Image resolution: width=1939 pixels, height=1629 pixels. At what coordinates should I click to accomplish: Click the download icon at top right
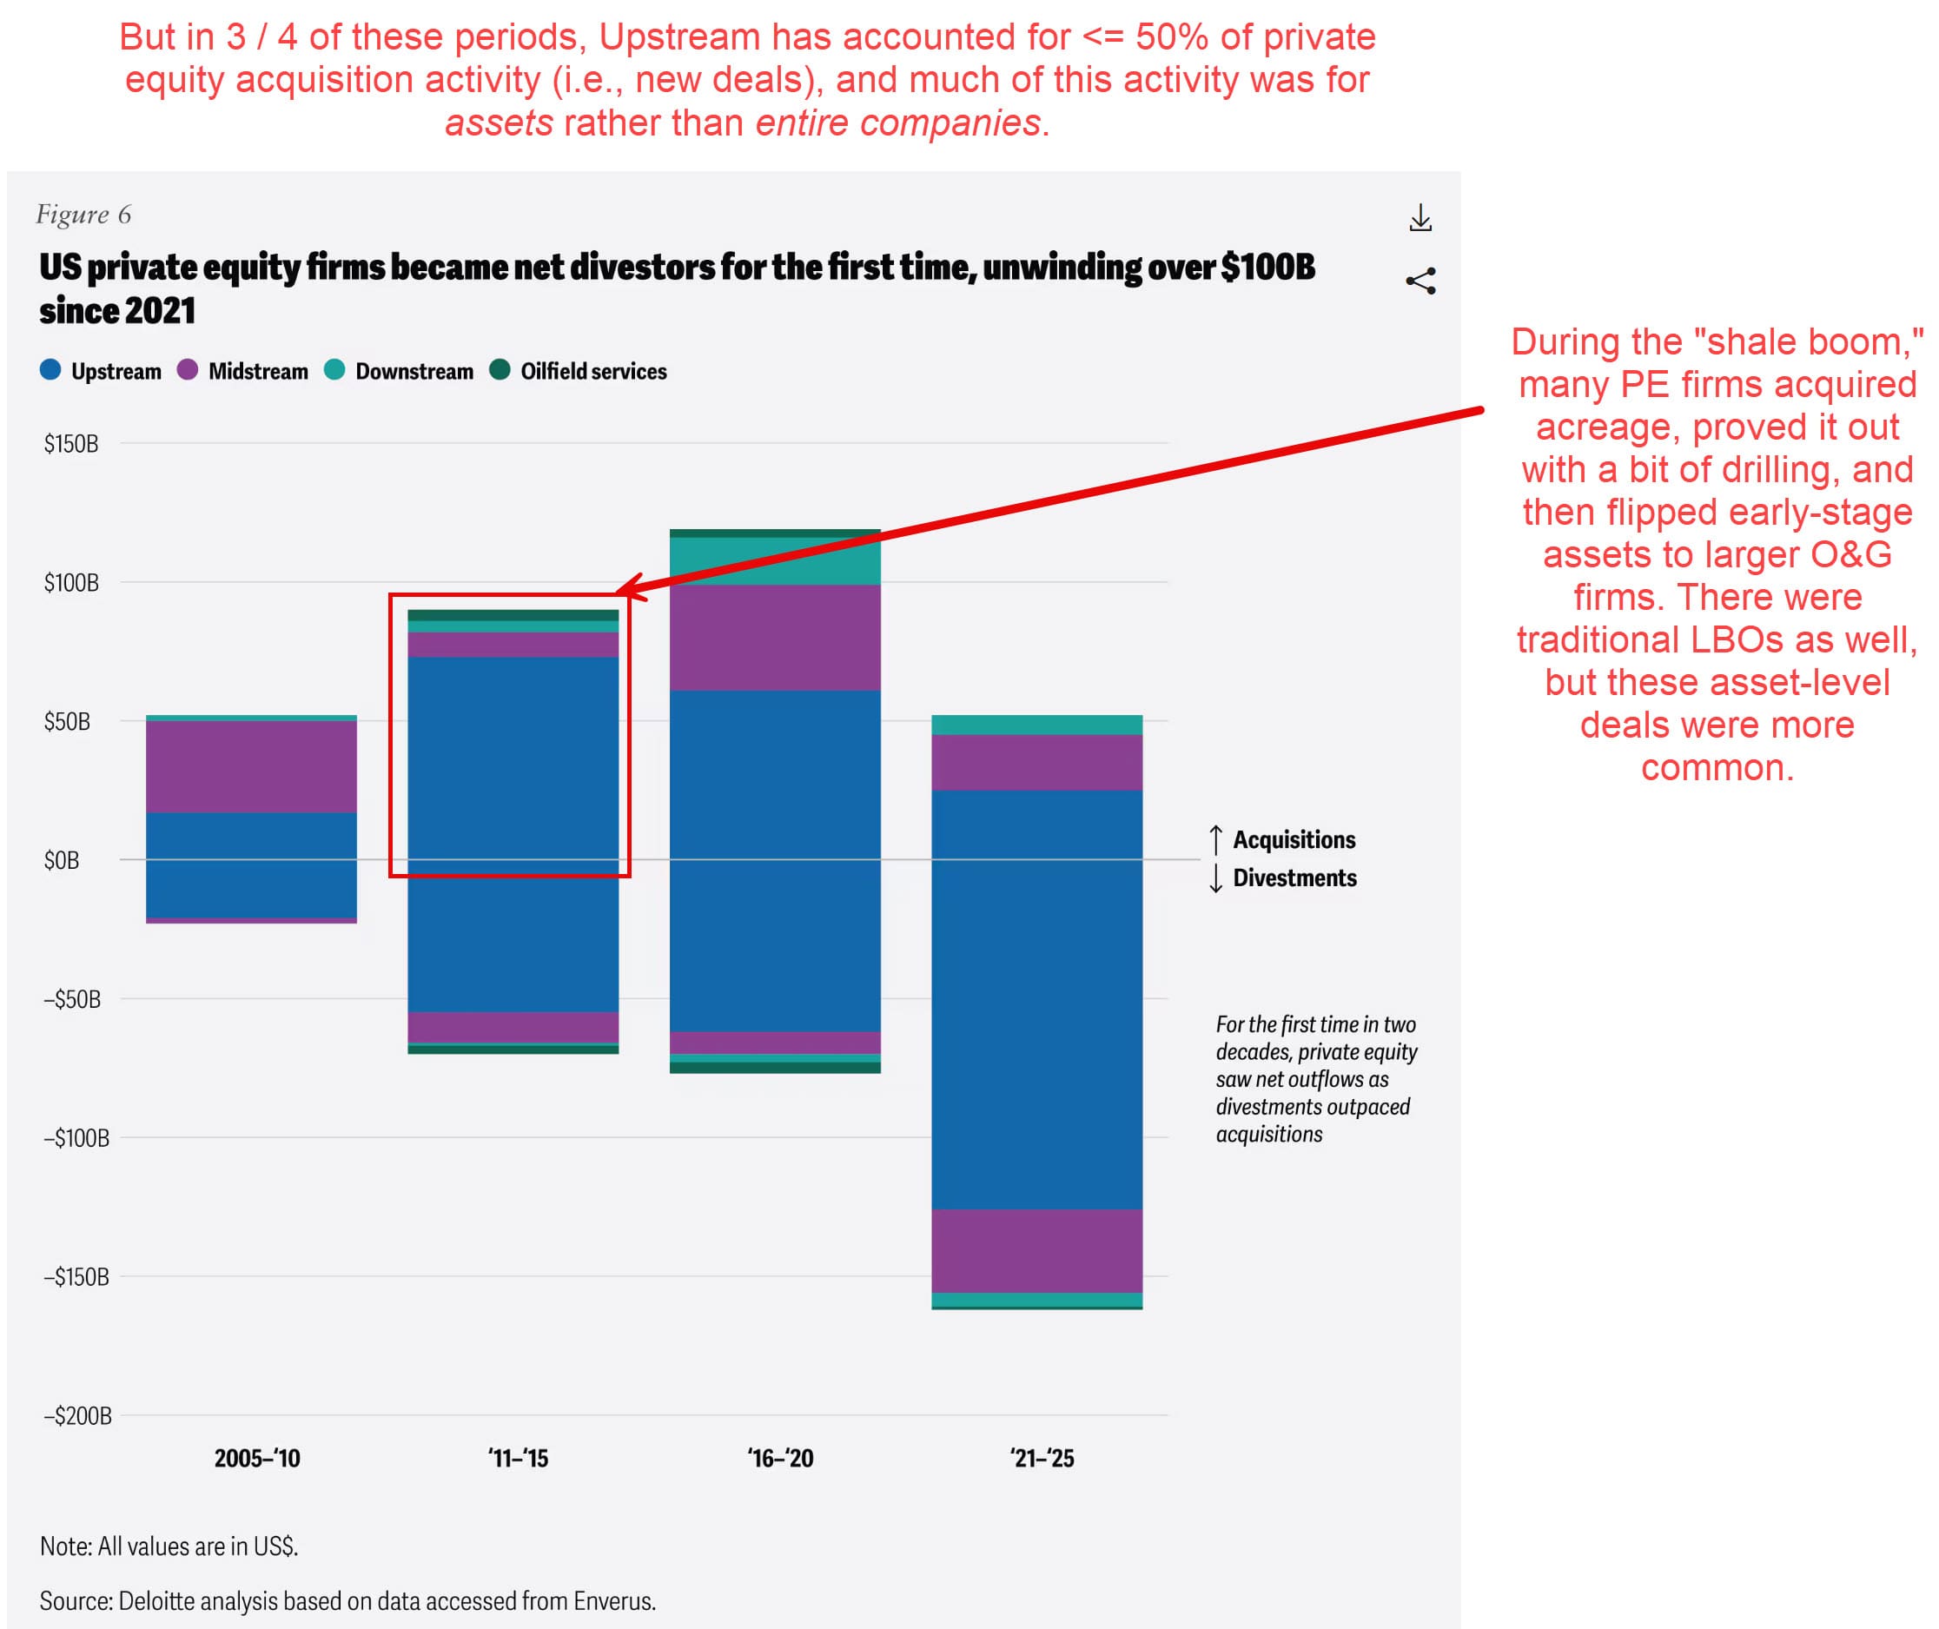[x=1420, y=219]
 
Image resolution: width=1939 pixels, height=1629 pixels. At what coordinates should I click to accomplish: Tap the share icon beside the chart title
[x=1420, y=281]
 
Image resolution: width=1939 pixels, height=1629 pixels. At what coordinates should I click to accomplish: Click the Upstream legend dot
[x=50, y=370]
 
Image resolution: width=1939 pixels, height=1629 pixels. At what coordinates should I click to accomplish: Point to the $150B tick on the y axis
[x=71, y=444]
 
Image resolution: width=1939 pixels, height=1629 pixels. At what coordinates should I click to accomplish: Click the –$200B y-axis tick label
[x=77, y=1415]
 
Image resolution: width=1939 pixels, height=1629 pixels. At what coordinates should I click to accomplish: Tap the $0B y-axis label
[x=62, y=861]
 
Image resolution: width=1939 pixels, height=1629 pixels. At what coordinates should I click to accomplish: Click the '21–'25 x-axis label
[x=1042, y=1459]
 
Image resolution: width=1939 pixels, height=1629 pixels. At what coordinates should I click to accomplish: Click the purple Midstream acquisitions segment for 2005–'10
[x=251, y=766]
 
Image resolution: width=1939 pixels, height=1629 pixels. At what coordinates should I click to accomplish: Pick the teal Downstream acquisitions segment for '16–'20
[x=775, y=561]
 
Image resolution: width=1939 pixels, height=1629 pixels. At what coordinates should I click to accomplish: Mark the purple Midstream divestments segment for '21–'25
[x=1037, y=1251]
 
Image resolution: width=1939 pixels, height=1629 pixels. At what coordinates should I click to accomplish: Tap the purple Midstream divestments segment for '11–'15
[x=513, y=1027]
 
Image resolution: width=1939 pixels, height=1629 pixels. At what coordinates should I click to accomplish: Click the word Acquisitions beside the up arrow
[x=1294, y=839]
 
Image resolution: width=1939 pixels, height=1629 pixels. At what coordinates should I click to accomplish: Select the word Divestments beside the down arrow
[x=1294, y=878]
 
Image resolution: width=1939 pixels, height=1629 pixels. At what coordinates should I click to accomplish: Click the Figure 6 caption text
[x=83, y=215]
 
